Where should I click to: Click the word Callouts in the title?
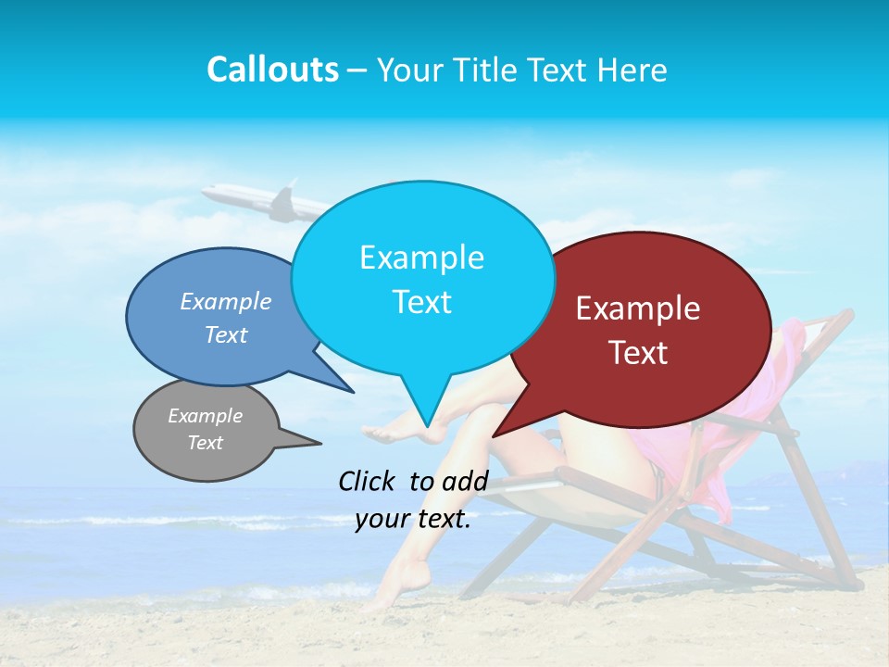coord(272,70)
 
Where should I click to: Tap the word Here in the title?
coord(632,70)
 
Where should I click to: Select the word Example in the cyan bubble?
coord(421,258)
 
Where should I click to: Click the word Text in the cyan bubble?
coord(421,302)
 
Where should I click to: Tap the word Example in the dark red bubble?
coord(638,308)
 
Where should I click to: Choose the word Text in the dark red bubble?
coord(638,353)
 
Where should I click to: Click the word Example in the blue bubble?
coord(226,302)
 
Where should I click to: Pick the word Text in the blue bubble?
coord(226,335)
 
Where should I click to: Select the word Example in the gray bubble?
coord(205,416)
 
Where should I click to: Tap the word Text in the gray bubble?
coord(205,443)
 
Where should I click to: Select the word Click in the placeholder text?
coord(368,481)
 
